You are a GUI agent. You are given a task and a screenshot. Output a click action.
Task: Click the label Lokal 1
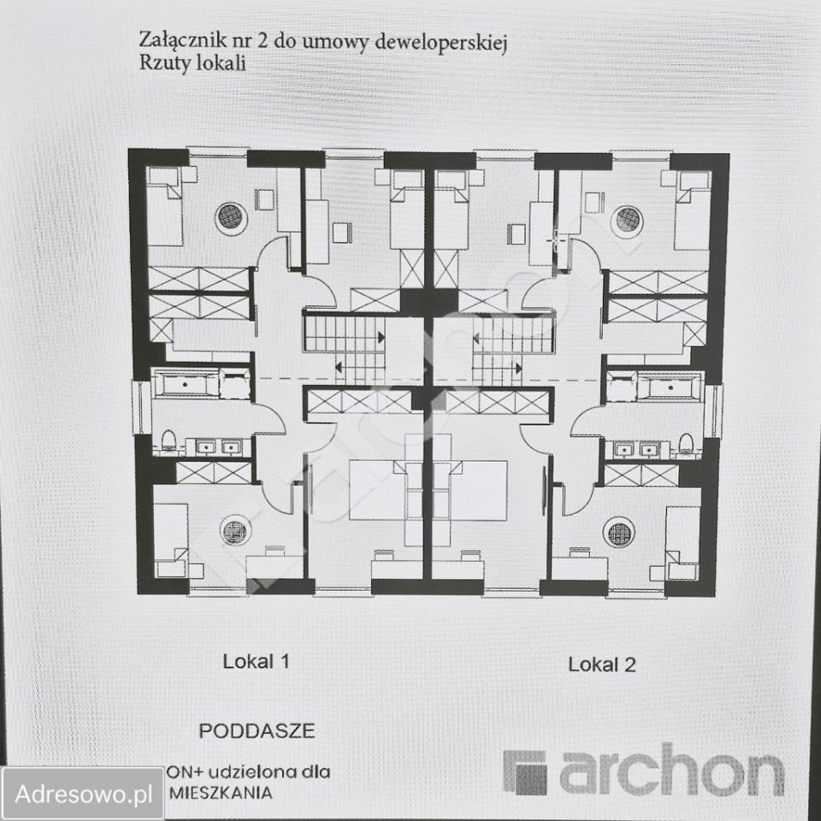[x=257, y=661]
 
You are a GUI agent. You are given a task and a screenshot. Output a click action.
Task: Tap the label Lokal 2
[x=602, y=664]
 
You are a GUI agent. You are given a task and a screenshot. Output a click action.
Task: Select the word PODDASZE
[x=257, y=731]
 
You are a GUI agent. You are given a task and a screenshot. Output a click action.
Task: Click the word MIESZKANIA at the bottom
[x=224, y=792]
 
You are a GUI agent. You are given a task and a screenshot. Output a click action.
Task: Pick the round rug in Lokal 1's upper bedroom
[x=229, y=218]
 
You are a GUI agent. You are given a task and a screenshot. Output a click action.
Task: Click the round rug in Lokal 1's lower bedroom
[x=233, y=531]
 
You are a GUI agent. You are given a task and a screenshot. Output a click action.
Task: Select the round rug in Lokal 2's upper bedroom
[x=628, y=219]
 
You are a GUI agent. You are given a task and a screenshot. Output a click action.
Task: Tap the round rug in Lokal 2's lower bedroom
[x=618, y=532]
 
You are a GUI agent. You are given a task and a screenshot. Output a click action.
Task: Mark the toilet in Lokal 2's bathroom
[x=685, y=443]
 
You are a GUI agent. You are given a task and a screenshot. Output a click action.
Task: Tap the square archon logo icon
[x=524, y=772]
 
